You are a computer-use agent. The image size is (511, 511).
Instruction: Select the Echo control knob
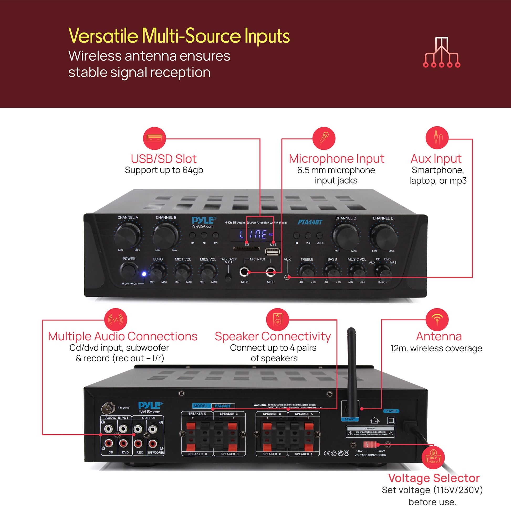point(158,273)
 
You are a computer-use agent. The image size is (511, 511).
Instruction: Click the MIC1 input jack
point(244,272)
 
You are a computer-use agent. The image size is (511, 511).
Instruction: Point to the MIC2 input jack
point(270,272)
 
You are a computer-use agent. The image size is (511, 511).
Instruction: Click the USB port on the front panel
point(273,252)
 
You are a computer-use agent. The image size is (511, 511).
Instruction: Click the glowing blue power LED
point(144,274)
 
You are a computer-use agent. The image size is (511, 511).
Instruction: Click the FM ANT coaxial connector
point(108,408)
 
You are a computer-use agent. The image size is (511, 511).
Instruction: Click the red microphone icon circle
point(324,138)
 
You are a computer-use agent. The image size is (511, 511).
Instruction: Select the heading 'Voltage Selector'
point(434,478)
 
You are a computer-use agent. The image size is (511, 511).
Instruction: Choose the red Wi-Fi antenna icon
point(437,320)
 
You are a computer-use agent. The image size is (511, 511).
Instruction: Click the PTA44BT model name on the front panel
point(310,222)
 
